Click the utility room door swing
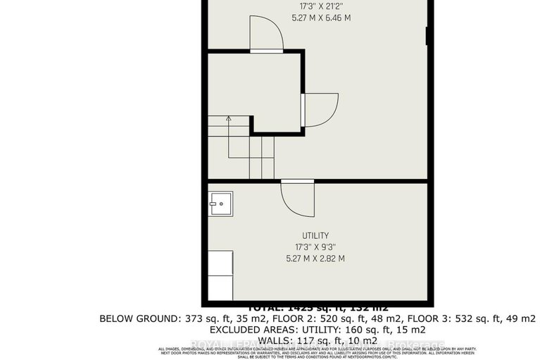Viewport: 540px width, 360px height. click(x=297, y=197)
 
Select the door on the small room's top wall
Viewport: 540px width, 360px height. click(x=266, y=35)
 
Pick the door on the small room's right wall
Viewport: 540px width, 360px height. click(x=320, y=110)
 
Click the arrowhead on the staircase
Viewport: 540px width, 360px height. click(x=228, y=120)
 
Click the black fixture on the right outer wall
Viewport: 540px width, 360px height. click(x=427, y=37)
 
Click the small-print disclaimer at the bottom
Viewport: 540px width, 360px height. click(x=318, y=352)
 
